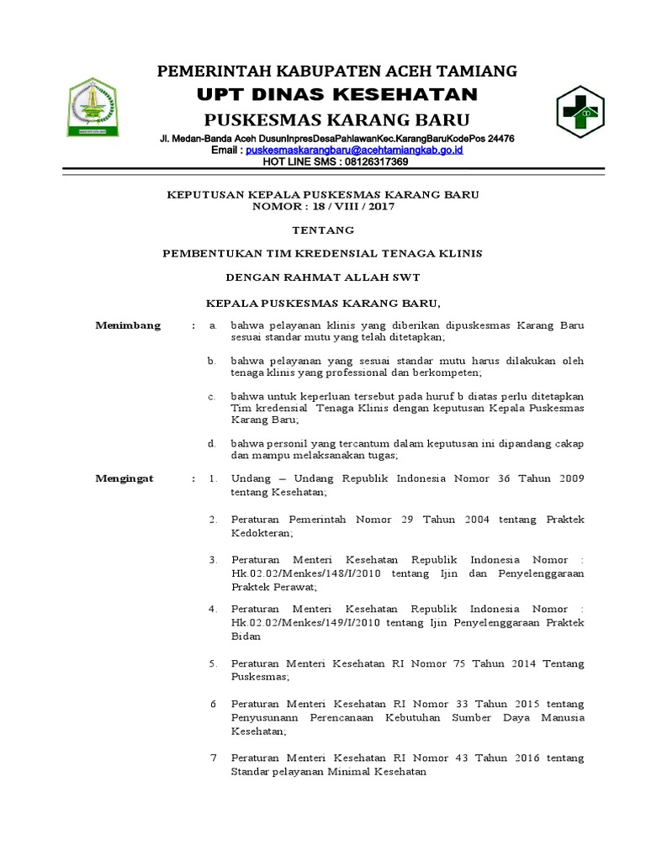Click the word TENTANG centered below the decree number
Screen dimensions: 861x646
[x=322, y=230]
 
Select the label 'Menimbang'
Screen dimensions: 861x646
[x=128, y=325]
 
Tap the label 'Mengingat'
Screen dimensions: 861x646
[x=124, y=478]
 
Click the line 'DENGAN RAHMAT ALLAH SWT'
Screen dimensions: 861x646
[x=323, y=277]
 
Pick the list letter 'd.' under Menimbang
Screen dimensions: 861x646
[x=213, y=442]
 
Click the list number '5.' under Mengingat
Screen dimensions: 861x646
[x=214, y=663]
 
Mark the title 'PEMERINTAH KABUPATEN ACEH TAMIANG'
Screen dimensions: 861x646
[x=337, y=71]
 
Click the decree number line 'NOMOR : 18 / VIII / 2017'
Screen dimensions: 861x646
[x=323, y=206]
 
